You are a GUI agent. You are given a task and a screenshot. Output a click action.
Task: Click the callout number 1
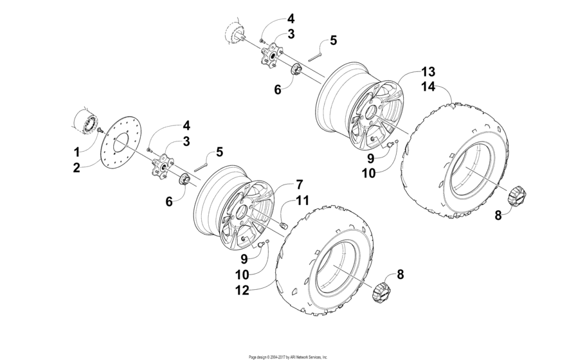(77, 152)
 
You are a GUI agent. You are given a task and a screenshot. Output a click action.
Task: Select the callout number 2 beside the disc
(77, 168)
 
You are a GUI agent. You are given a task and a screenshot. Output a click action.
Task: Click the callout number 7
(299, 184)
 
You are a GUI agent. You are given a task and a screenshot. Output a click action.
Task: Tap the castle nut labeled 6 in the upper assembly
(296, 69)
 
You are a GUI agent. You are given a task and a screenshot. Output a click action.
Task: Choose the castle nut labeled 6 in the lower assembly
(183, 178)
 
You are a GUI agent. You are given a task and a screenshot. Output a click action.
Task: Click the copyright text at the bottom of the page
(288, 355)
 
